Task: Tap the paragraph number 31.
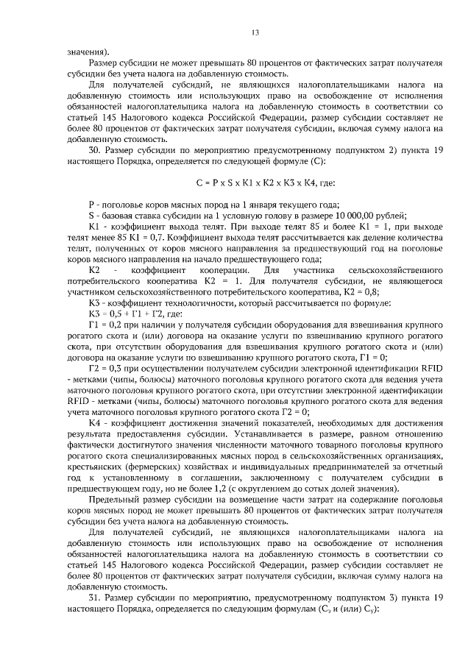click(x=94, y=598)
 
